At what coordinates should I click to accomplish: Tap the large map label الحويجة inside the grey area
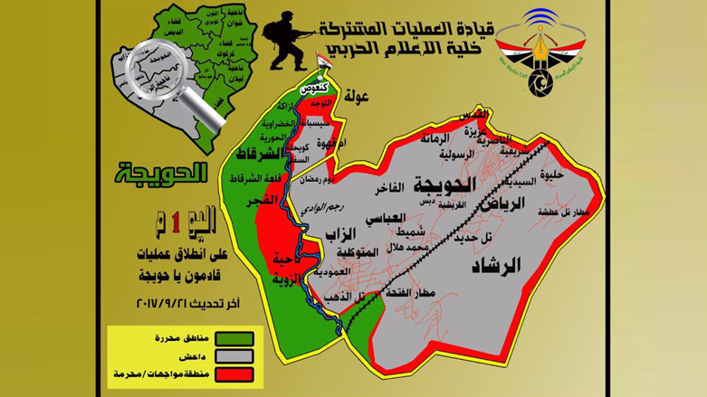point(443,184)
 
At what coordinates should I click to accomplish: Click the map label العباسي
point(386,219)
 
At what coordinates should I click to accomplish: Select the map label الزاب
point(334,237)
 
